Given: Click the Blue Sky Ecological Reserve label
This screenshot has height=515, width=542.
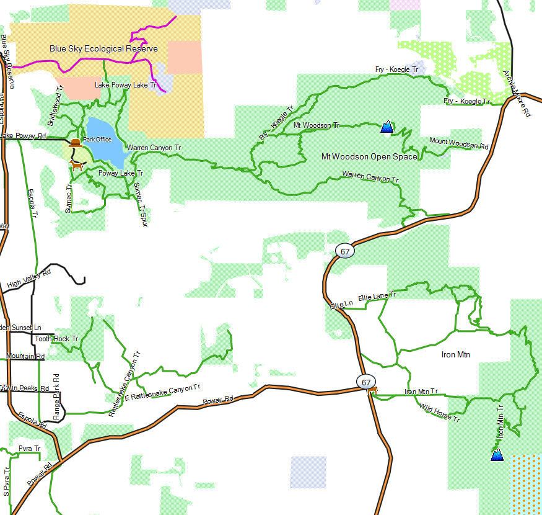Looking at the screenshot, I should point(103,48).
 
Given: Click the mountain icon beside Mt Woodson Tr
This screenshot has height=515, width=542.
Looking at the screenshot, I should point(387,127).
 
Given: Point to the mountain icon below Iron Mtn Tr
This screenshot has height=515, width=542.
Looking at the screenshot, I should point(497,455).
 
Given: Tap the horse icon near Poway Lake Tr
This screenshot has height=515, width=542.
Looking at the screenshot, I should point(77,166).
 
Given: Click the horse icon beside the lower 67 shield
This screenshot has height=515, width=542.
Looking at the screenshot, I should point(373,390).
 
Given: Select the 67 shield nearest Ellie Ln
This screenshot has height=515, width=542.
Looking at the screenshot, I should point(345,251).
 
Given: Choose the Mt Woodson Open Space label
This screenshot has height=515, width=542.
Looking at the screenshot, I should point(369,156).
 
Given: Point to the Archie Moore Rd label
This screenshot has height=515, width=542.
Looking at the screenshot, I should point(517,94).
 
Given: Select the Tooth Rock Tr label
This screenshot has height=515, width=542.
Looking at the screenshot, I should point(56,339).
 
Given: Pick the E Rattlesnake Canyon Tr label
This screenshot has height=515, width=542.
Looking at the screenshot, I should point(163,393).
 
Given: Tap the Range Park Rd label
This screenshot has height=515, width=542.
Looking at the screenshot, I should point(56,397).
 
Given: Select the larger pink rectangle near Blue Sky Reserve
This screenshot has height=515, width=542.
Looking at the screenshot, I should point(185,57).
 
